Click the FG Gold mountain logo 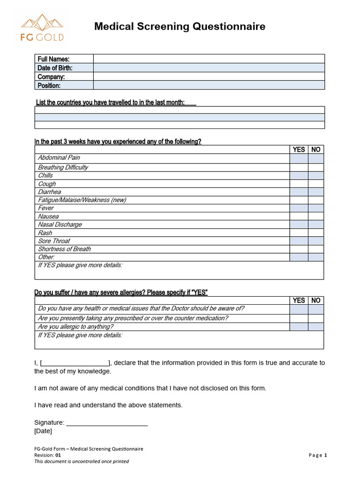[42, 27]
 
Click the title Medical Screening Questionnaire [180, 27]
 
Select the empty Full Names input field [209, 59]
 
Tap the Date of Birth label [55, 68]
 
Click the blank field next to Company [209, 76]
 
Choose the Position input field [209, 85]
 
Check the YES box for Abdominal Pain [299, 158]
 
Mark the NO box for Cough [316, 184]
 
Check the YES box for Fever [299, 208]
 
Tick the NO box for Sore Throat [316, 241]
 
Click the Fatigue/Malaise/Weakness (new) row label [82, 200]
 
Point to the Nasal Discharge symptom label [60, 225]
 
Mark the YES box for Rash [299, 233]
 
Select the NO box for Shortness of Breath [316, 249]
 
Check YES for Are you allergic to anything [299, 327]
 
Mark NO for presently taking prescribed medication [316, 318]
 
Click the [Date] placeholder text [43, 431]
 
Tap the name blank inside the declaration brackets [75, 363]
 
